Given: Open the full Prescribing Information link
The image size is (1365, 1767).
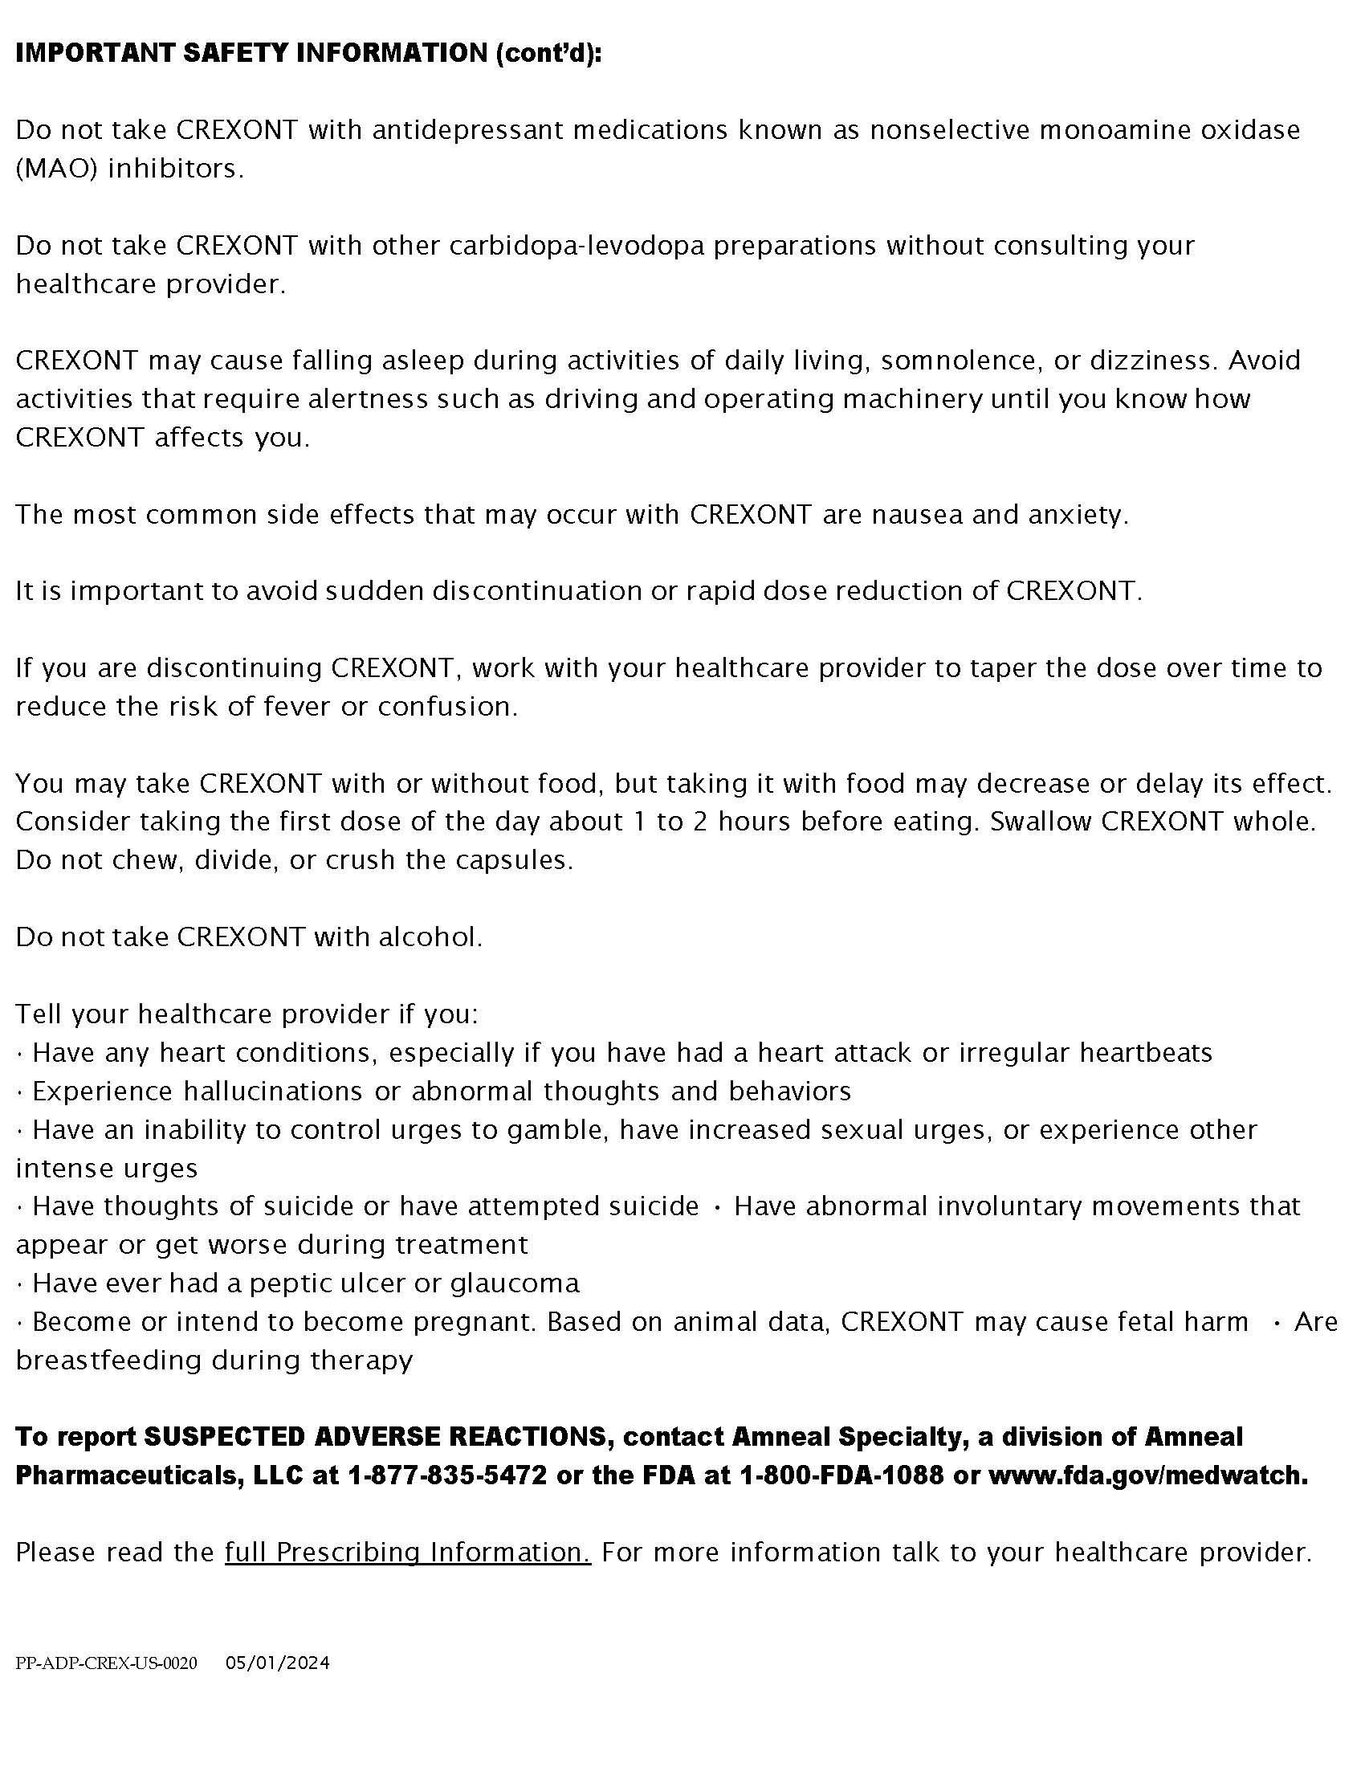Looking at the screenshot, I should pos(408,1553).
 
